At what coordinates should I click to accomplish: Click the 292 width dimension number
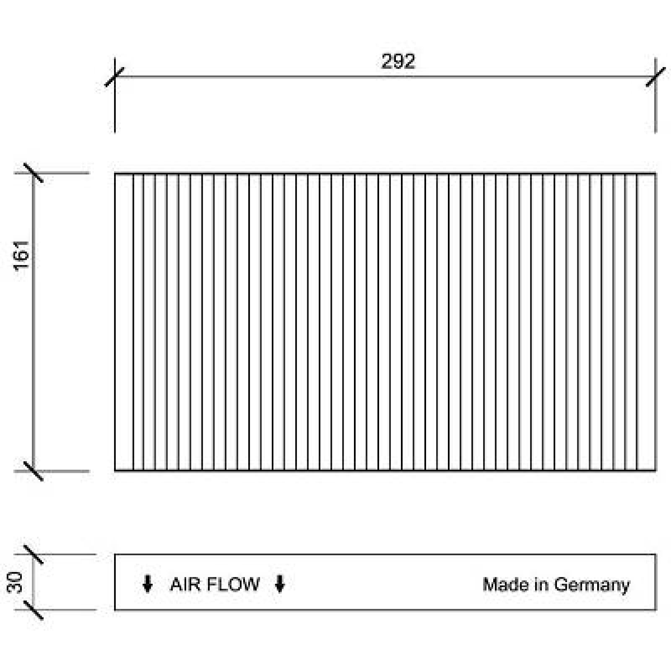coord(398,62)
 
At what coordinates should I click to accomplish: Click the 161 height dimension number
coord(22,255)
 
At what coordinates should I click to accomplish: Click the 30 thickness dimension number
coord(16,583)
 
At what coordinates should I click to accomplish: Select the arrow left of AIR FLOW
coord(147,584)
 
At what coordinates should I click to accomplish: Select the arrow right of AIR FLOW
coord(280,584)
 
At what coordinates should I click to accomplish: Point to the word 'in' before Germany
coord(541,585)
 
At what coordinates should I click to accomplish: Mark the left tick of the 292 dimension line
coord(114,77)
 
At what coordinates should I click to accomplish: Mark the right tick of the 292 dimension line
coord(655,77)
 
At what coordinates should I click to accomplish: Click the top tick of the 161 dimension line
coord(34,173)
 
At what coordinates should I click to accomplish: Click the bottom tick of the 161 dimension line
coord(34,471)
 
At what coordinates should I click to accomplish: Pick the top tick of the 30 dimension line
coord(34,554)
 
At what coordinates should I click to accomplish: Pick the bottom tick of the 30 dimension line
coord(34,610)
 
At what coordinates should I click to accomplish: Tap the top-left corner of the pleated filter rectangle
coord(115,174)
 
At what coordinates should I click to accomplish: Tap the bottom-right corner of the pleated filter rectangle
coord(655,471)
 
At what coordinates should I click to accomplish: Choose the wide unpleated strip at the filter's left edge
coord(124,322)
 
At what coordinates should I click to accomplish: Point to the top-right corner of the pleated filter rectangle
coord(655,174)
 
